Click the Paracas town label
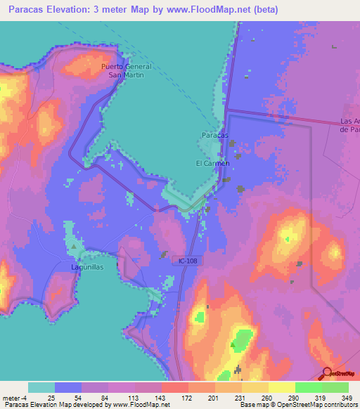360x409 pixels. click(x=215, y=134)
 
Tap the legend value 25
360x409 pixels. click(x=51, y=397)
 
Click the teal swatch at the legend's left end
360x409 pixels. click(x=41, y=387)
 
